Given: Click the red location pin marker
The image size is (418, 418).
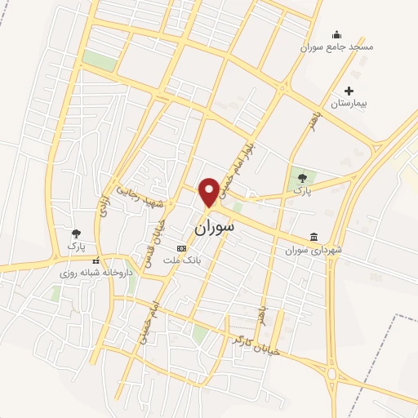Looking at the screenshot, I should (209, 191).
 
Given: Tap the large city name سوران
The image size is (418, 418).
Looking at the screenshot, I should (213, 228).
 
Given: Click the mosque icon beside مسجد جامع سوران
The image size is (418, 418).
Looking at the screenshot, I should (337, 33).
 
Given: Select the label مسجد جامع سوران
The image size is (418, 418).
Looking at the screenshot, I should (341, 47).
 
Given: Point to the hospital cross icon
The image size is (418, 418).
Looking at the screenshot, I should (349, 91).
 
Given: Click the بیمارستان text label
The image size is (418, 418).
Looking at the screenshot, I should (350, 104).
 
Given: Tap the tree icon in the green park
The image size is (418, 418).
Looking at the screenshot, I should (302, 176).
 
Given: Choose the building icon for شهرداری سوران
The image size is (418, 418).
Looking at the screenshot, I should (314, 237).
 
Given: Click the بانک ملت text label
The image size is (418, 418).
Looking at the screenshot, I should (182, 260).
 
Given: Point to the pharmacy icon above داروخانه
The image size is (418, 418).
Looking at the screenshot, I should (96, 261).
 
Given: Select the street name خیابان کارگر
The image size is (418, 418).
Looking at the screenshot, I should (256, 344).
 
